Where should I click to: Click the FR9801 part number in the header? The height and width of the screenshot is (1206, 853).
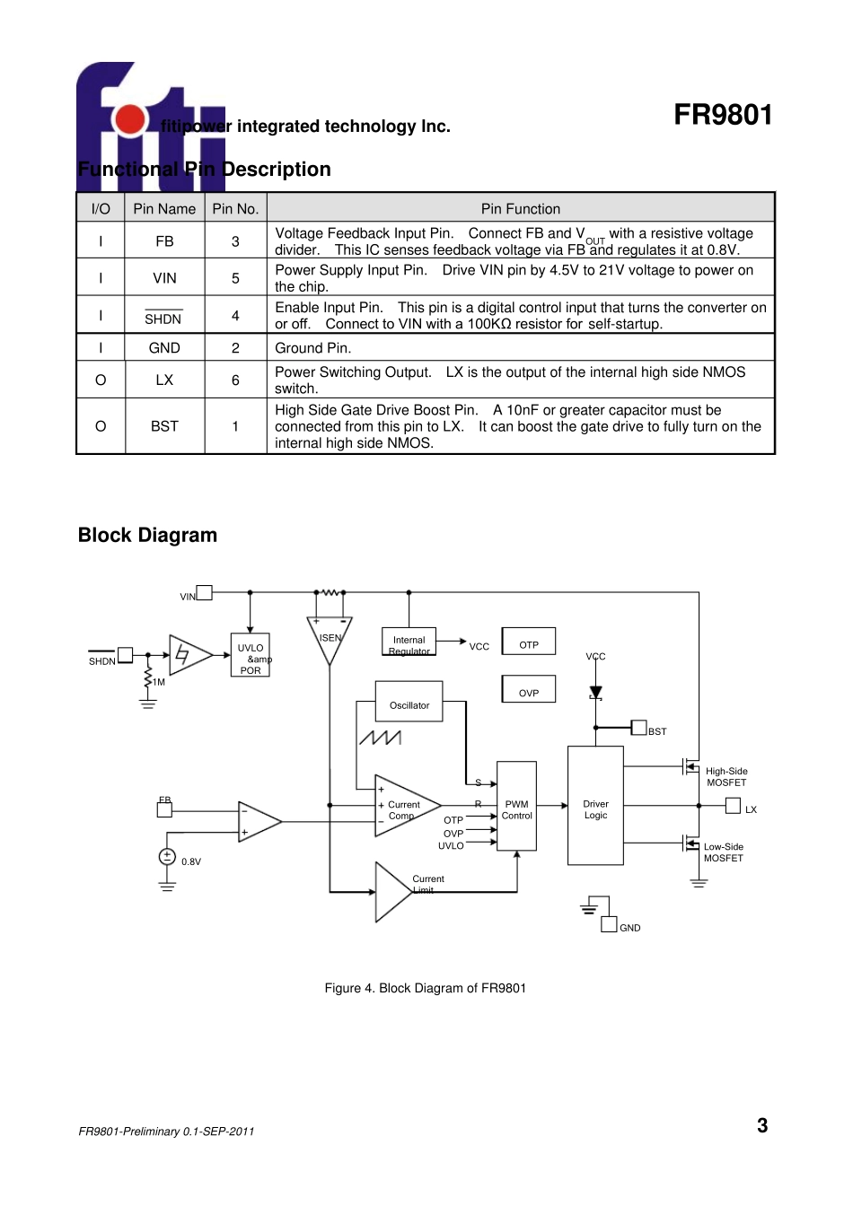pyautogui.click(x=722, y=115)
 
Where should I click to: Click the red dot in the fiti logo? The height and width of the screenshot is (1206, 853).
pyautogui.click(x=131, y=119)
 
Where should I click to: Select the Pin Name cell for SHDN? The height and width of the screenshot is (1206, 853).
pyautogui.click(x=164, y=316)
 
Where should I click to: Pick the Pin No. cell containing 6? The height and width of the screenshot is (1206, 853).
pyautogui.click(x=235, y=380)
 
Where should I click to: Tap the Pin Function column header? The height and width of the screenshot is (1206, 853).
pyautogui.click(x=520, y=208)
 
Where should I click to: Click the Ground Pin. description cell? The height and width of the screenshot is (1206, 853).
pyautogui.click(x=520, y=348)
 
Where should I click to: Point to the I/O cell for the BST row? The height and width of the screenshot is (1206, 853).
pyautogui.click(x=101, y=426)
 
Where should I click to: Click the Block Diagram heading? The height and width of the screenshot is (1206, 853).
pyautogui.click(x=147, y=536)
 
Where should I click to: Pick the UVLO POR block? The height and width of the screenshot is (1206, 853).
pyautogui.click(x=251, y=657)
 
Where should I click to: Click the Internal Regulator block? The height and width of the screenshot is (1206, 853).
pyautogui.click(x=409, y=642)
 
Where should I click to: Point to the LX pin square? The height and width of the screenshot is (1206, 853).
pyautogui.click(x=733, y=806)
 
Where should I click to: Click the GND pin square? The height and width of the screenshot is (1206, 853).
pyautogui.click(x=609, y=925)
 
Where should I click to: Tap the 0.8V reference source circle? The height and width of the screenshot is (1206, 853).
pyautogui.click(x=167, y=857)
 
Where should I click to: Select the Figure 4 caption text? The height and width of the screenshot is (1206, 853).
pyautogui.click(x=425, y=988)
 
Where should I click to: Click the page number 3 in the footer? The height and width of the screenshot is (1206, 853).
pyautogui.click(x=762, y=1126)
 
